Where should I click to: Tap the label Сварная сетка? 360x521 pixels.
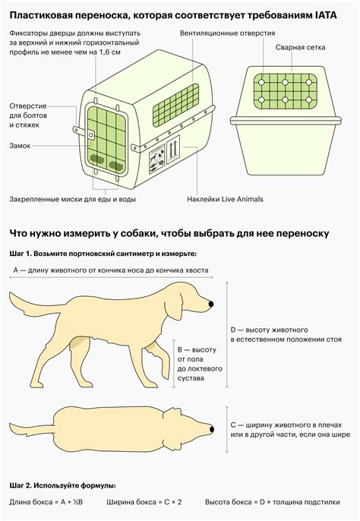coord(300,48)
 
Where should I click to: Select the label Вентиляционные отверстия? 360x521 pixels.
coord(227,33)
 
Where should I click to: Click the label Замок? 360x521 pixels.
coord(20,146)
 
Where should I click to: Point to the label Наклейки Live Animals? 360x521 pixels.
coord(225,199)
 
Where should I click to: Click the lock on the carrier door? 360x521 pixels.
coord(91,134)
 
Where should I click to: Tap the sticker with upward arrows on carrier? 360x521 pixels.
coord(172,150)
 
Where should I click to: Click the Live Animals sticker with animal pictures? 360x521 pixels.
coord(157,159)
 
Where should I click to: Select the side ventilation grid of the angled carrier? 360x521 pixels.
coord(176,105)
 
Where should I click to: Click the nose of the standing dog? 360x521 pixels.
coord(210,304)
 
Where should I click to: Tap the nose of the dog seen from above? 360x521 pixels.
coord(212,429)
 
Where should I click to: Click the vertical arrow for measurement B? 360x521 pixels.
coord(173,364)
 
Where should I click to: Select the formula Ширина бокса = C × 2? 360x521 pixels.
coord(144,502)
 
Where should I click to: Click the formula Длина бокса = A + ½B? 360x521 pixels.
coord(46,502)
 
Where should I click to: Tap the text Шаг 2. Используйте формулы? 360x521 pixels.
coord(63,485)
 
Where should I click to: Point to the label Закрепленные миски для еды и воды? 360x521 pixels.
coord(72,199)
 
